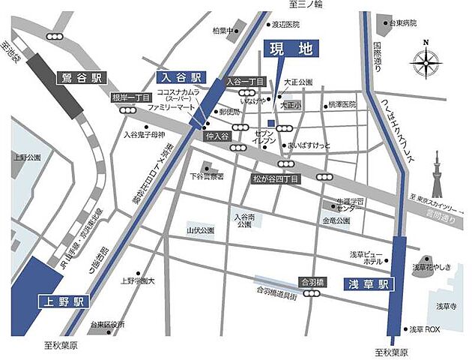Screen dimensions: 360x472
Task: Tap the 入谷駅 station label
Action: (x=180, y=77)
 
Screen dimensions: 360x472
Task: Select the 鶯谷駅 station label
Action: (x=82, y=77)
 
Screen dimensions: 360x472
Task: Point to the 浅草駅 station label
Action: (x=365, y=285)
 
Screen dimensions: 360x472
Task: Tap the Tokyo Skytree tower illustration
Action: (x=437, y=175)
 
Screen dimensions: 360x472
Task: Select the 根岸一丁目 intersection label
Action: (x=131, y=98)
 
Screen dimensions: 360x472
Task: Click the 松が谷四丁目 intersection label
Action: (x=275, y=179)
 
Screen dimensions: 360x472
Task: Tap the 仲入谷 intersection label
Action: (x=215, y=138)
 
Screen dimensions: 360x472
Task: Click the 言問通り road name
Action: (x=438, y=214)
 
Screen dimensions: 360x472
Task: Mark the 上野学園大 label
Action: (x=137, y=281)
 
